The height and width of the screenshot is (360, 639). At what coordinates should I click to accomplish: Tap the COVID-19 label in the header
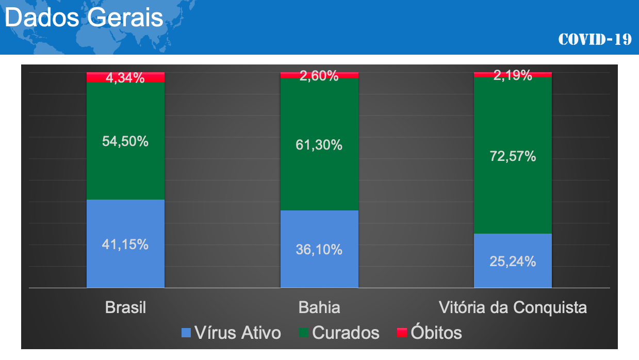[595, 39]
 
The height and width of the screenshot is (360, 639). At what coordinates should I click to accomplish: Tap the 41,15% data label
[125, 244]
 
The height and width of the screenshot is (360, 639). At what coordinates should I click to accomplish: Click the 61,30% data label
[319, 145]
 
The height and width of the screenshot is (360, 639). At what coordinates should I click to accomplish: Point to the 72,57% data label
[513, 156]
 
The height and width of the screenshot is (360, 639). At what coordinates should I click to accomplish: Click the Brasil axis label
[125, 308]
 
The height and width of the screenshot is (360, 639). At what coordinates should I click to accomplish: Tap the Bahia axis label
[319, 308]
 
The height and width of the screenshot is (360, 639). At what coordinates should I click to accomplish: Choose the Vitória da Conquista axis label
[513, 308]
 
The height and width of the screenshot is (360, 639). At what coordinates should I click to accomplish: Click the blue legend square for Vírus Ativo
[186, 333]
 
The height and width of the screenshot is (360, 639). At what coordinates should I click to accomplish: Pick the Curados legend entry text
[346, 333]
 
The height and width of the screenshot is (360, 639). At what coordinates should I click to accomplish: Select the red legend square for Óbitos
[402, 333]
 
